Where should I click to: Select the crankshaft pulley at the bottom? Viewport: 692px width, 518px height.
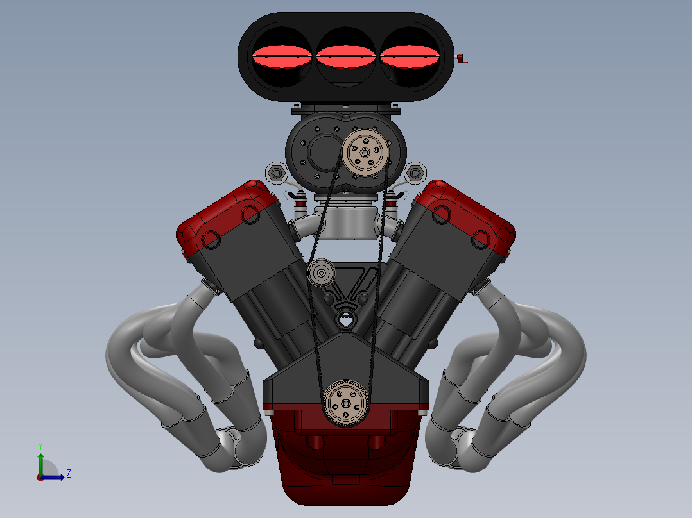click(x=345, y=403)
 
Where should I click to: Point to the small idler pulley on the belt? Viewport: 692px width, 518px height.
click(x=320, y=274)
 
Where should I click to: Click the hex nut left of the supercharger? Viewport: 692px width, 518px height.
click(x=276, y=172)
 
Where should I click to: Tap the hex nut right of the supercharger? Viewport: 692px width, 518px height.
click(x=415, y=172)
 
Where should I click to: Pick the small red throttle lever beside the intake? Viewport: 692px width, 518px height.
click(x=461, y=60)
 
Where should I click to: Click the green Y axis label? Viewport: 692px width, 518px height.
click(x=40, y=445)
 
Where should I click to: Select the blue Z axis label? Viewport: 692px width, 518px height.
click(x=68, y=474)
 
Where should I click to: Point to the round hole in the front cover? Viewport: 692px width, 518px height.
click(x=346, y=319)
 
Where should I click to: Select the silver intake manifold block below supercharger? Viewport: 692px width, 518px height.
click(x=347, y=221)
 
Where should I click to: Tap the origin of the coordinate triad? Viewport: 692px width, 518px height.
click(x=40, y=476)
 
